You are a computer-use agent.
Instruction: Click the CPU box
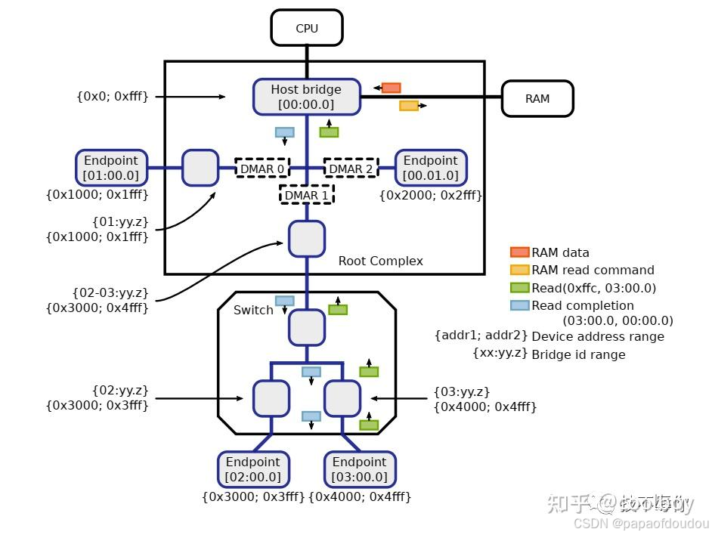(x=307, y=29)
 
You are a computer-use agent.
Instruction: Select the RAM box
(x=537, y=98)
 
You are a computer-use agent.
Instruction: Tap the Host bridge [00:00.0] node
(x=306, y=97)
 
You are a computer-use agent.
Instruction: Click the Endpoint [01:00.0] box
(x=111, y=168)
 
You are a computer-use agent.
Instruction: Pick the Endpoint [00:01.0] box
(x=431, y=168)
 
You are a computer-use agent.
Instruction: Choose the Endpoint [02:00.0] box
(x=252, y=469)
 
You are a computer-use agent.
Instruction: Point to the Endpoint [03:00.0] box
(x=360, y=469)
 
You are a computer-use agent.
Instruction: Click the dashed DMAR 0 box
(x=262, y=168)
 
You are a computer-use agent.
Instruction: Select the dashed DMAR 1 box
(x=307, y=194)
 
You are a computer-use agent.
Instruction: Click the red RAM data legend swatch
(x=519, y=252)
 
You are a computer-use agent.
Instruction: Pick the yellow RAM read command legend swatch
(x=519, y=270)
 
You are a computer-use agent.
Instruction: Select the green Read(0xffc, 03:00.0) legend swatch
(x=519, y=288)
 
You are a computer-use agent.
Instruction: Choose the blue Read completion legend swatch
(x=519, y=305)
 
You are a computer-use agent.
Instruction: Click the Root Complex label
(x=380, y=261)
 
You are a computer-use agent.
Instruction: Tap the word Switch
(x=253, y=310)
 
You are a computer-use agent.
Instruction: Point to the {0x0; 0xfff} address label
(x=112, y=96)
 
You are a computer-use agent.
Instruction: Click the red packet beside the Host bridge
(x=391, y=88)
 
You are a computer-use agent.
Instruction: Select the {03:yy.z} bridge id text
(x=462, y=391)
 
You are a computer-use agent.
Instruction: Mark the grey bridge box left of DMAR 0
(x=200, y=168)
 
